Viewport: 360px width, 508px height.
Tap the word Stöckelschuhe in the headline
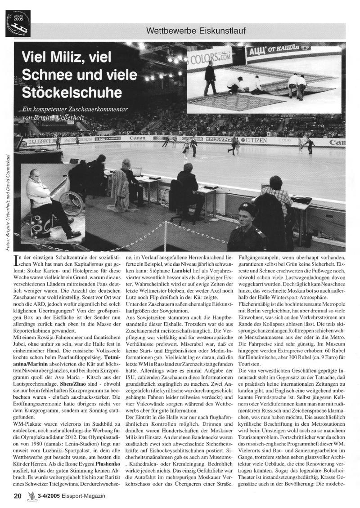[72, 93]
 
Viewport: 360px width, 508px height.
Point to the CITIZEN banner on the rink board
[255, 140]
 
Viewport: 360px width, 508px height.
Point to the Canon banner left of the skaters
[137, 138]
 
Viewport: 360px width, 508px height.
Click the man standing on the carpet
[210, 78]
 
